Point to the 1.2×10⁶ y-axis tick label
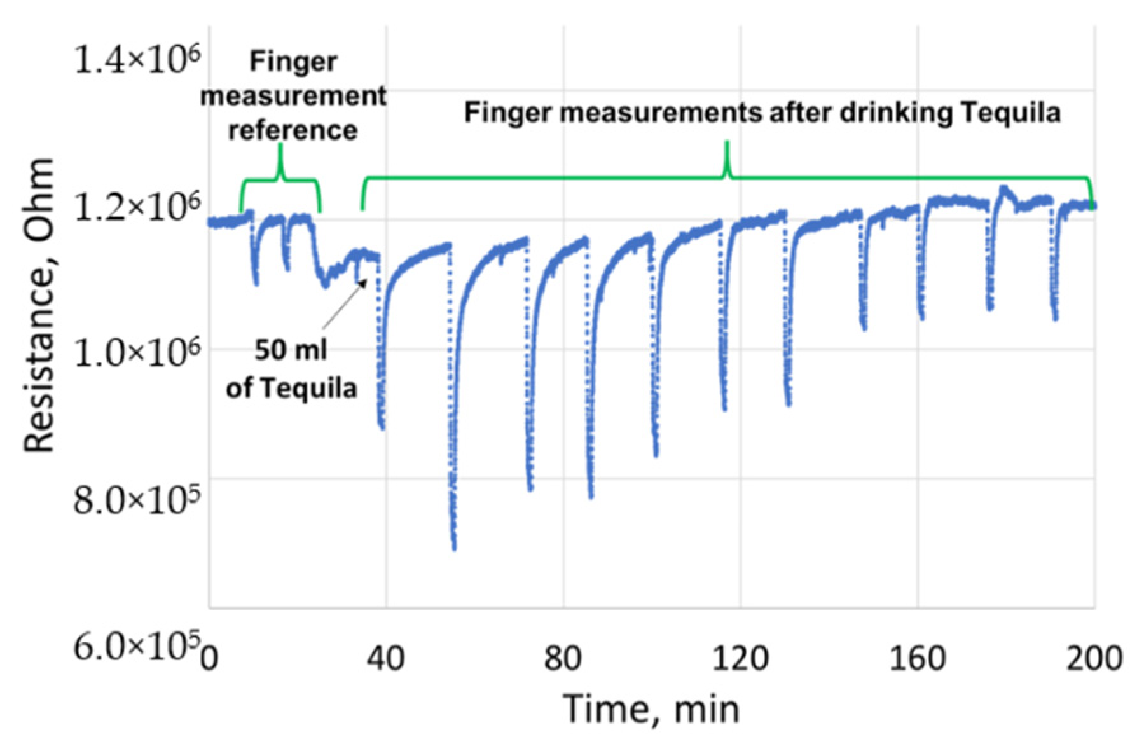[137, 207]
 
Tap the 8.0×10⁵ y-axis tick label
[137, 499]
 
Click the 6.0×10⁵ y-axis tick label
[137, 647]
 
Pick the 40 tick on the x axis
[385, 658]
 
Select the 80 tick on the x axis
[563, 658]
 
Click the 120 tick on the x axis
[740, 658]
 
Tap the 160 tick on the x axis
[917, 658]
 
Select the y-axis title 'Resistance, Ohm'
[39, 305]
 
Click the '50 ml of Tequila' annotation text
[291, 369]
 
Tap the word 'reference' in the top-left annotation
[293, 130]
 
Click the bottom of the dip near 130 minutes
[789, 404]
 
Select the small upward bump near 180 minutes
[1003, 189]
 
